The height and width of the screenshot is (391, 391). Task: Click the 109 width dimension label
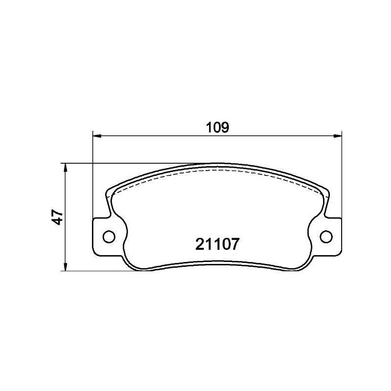pos(217,128)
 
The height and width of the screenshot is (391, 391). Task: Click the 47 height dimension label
pos(58,217)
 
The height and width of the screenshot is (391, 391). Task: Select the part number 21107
pos(217,244)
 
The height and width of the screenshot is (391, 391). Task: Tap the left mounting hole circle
pos(109,236)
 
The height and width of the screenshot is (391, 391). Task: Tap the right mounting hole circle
pos(326,237)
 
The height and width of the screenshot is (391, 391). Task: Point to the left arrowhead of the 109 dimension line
pos(97,136)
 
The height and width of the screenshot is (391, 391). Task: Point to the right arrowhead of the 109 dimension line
pos(338,136)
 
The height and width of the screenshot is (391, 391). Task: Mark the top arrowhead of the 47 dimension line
pos(65,168)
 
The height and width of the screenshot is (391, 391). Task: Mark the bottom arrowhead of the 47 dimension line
pos(65,266)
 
